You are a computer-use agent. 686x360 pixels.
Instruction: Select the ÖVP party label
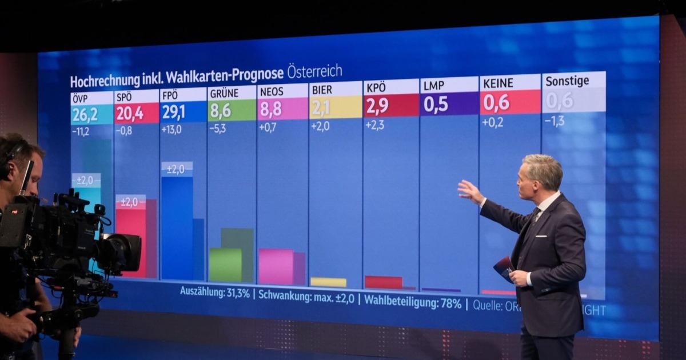(80, 97)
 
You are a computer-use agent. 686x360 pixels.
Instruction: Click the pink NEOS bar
(276, 266)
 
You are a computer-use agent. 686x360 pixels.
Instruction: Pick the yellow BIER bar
(328, 282)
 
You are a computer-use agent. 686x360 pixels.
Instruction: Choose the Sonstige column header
(567, 81)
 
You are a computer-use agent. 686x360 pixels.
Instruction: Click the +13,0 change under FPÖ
(171, 130)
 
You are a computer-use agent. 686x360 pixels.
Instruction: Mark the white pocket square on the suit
(541, 235)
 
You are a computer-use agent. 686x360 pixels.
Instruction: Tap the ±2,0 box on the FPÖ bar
(177, 169)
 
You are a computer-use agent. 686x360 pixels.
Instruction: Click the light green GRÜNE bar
(225, 265)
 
